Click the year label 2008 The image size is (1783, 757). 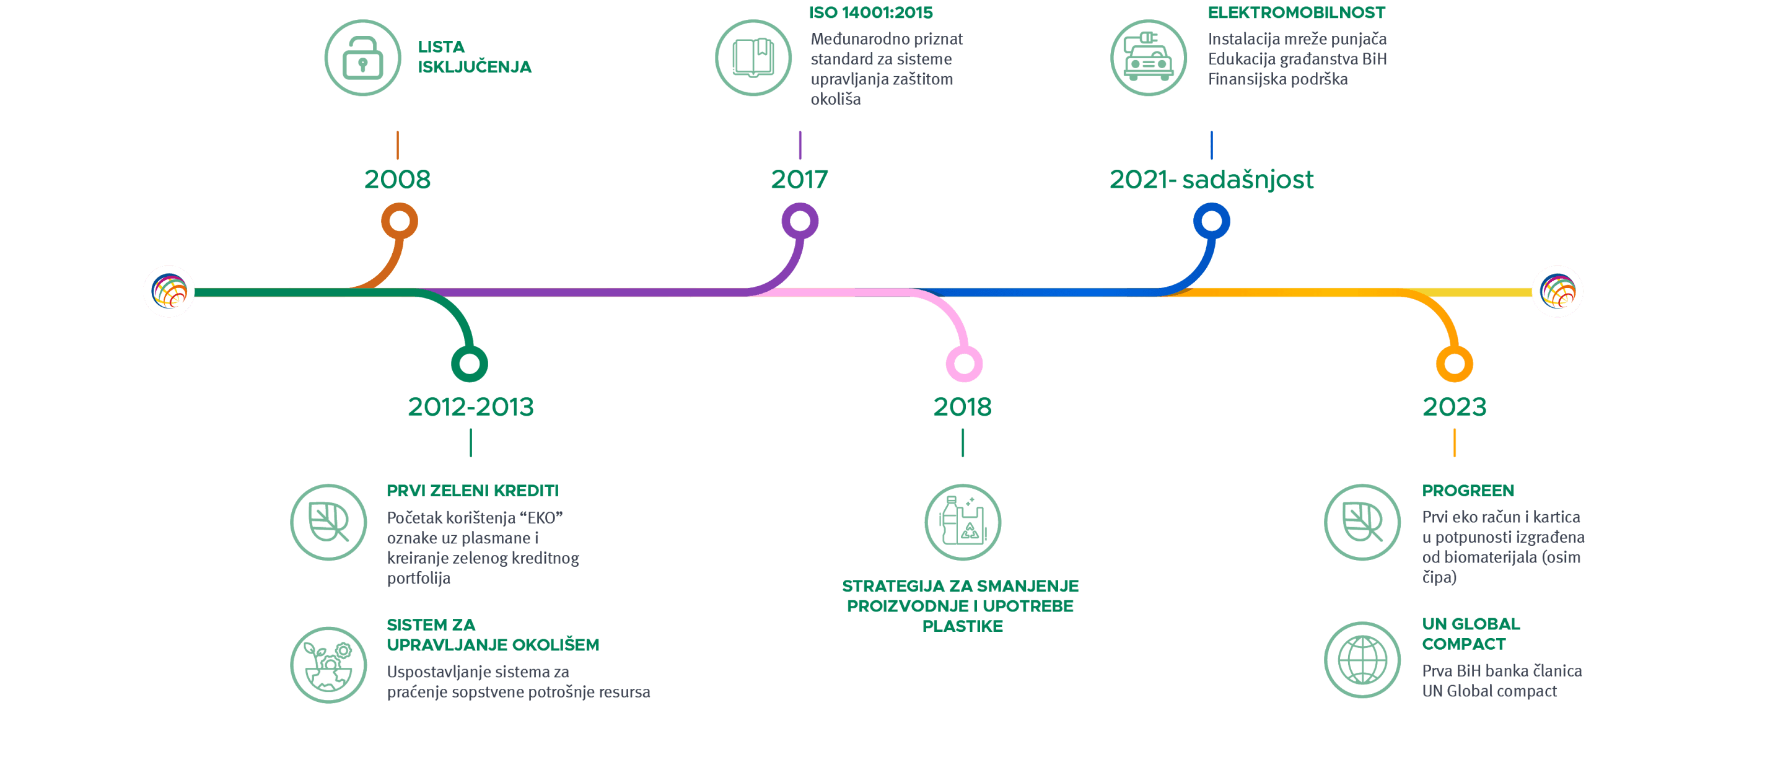click(x=397, y=180)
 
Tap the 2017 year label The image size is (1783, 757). click(x=799, y=180)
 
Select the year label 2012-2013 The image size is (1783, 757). click(x=471, y=407)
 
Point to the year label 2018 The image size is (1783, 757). click(x=962, y=407)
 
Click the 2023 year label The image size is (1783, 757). click(x=1454, y=407)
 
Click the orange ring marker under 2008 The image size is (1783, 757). click(x=400, y=221)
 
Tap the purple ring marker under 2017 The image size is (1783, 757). click(x=800, y=221)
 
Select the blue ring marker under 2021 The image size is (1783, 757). click(x=1211, y=221)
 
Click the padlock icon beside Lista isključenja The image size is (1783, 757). click(x=362, y=58)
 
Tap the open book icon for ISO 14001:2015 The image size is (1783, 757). click(x=753, y=58)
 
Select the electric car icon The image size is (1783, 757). click(x=1148, y=58)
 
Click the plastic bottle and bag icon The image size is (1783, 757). click(x=962, y=522)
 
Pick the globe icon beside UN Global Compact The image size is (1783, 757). click(x=1362, y=660)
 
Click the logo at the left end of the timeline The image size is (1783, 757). click(x=169, y=291)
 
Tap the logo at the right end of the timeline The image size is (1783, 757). click(x=1557, y=291)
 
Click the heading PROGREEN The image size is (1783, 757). click(x=1468, y=491)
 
